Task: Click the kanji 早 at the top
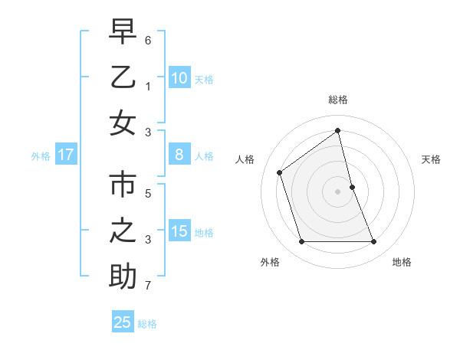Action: tap(123, 32)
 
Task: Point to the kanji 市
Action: tap(123, 185)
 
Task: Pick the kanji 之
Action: tap(123, 231)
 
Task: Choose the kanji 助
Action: tap(123, 277)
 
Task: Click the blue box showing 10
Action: tap(179, 77)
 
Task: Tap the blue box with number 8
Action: tap(179, 155)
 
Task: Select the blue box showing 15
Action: tap(179, 231)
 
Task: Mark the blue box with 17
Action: tap(65, 155)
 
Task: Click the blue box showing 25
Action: tap(122, 322)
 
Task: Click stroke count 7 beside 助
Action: tap(148, 286)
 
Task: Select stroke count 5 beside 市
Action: tap(148, 193)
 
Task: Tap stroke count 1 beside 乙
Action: tap(148, 86)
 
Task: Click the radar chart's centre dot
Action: tap(338, 191)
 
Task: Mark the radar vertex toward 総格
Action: tap(338, 130)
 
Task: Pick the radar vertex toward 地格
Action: tap(374, 242)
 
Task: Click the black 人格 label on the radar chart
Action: tap(245, 159)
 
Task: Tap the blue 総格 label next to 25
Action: tap(147, 324)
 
